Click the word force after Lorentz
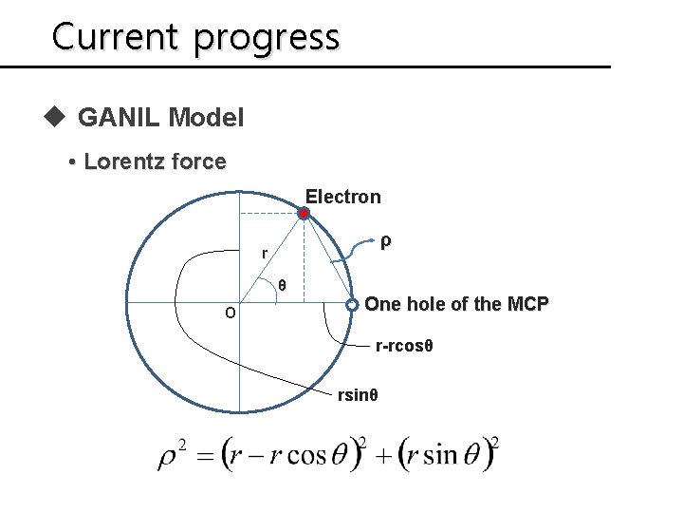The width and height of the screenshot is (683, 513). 203,162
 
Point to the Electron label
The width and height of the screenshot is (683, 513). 342,198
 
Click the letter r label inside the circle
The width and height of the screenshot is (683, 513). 265,253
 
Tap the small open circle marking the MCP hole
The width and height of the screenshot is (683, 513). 351,305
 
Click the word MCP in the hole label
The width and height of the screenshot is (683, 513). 528,305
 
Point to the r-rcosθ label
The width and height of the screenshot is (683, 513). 405,349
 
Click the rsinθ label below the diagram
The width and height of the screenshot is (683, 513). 359,394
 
